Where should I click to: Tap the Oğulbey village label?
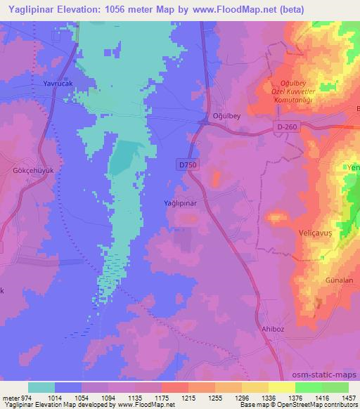[x=226, y=116]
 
